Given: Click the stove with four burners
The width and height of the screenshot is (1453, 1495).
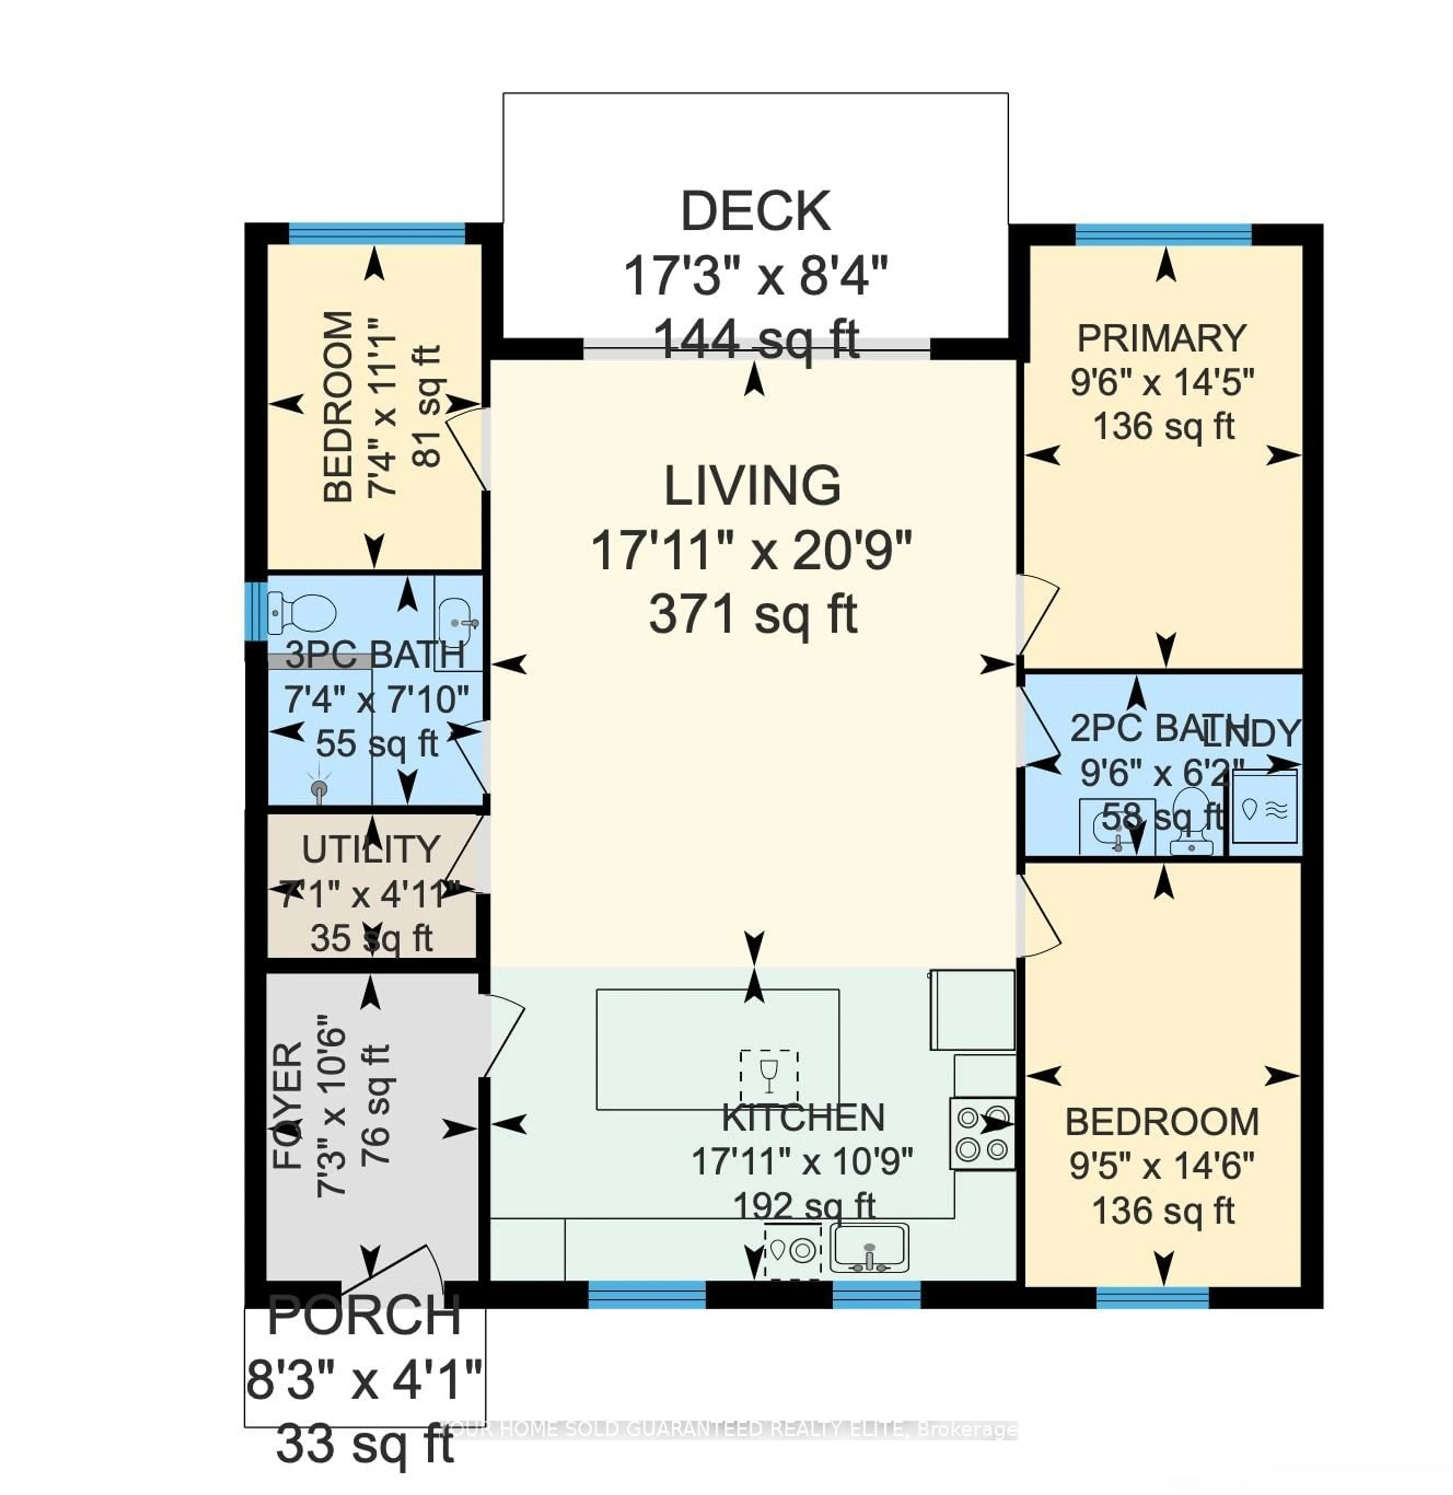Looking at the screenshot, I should pos(982,1133).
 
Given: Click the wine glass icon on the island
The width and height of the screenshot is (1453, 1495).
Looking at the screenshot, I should pos(769,1076).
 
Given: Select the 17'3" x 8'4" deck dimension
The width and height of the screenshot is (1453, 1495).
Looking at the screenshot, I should pos(756,276).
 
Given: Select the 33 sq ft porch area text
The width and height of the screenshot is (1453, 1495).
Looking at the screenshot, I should pos(365,1445).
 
